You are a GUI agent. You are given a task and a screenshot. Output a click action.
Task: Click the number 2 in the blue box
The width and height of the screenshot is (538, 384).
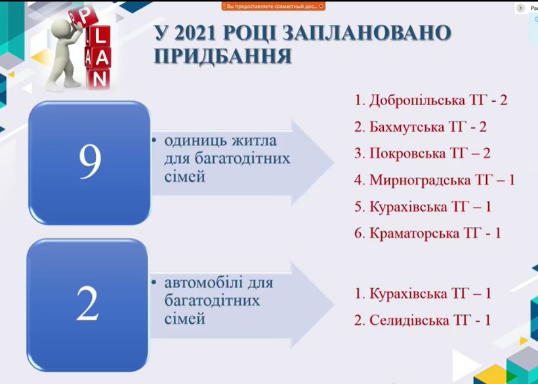(88, 304)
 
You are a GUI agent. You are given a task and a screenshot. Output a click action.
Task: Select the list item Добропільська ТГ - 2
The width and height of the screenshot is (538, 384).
(430, 100)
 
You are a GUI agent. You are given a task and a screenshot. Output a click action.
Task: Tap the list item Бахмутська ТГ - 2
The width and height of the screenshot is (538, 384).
(421, 127)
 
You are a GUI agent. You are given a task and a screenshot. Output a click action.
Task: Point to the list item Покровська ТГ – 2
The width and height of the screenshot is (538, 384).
(423, 154)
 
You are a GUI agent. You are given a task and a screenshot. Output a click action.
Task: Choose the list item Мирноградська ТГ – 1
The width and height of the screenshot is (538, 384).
(434, 180)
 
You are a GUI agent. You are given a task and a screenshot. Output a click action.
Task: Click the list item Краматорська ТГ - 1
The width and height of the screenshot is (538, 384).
(428, 233)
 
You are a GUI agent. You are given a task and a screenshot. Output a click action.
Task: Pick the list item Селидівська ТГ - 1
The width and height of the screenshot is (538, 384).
(423, 320)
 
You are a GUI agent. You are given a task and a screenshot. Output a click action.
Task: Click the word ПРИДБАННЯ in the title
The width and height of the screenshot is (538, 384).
(223, 56)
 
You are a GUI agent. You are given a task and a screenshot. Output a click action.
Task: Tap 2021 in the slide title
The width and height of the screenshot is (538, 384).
(194, 33)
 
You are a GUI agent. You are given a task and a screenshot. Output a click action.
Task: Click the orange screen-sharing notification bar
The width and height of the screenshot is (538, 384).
(273, 6)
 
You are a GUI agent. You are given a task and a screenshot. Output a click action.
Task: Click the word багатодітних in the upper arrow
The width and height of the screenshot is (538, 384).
(227, 159)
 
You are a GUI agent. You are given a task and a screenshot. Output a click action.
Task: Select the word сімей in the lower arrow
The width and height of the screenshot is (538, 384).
(185, 319)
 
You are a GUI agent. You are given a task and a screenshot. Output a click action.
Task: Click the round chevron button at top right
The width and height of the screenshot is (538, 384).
(520, 9)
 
